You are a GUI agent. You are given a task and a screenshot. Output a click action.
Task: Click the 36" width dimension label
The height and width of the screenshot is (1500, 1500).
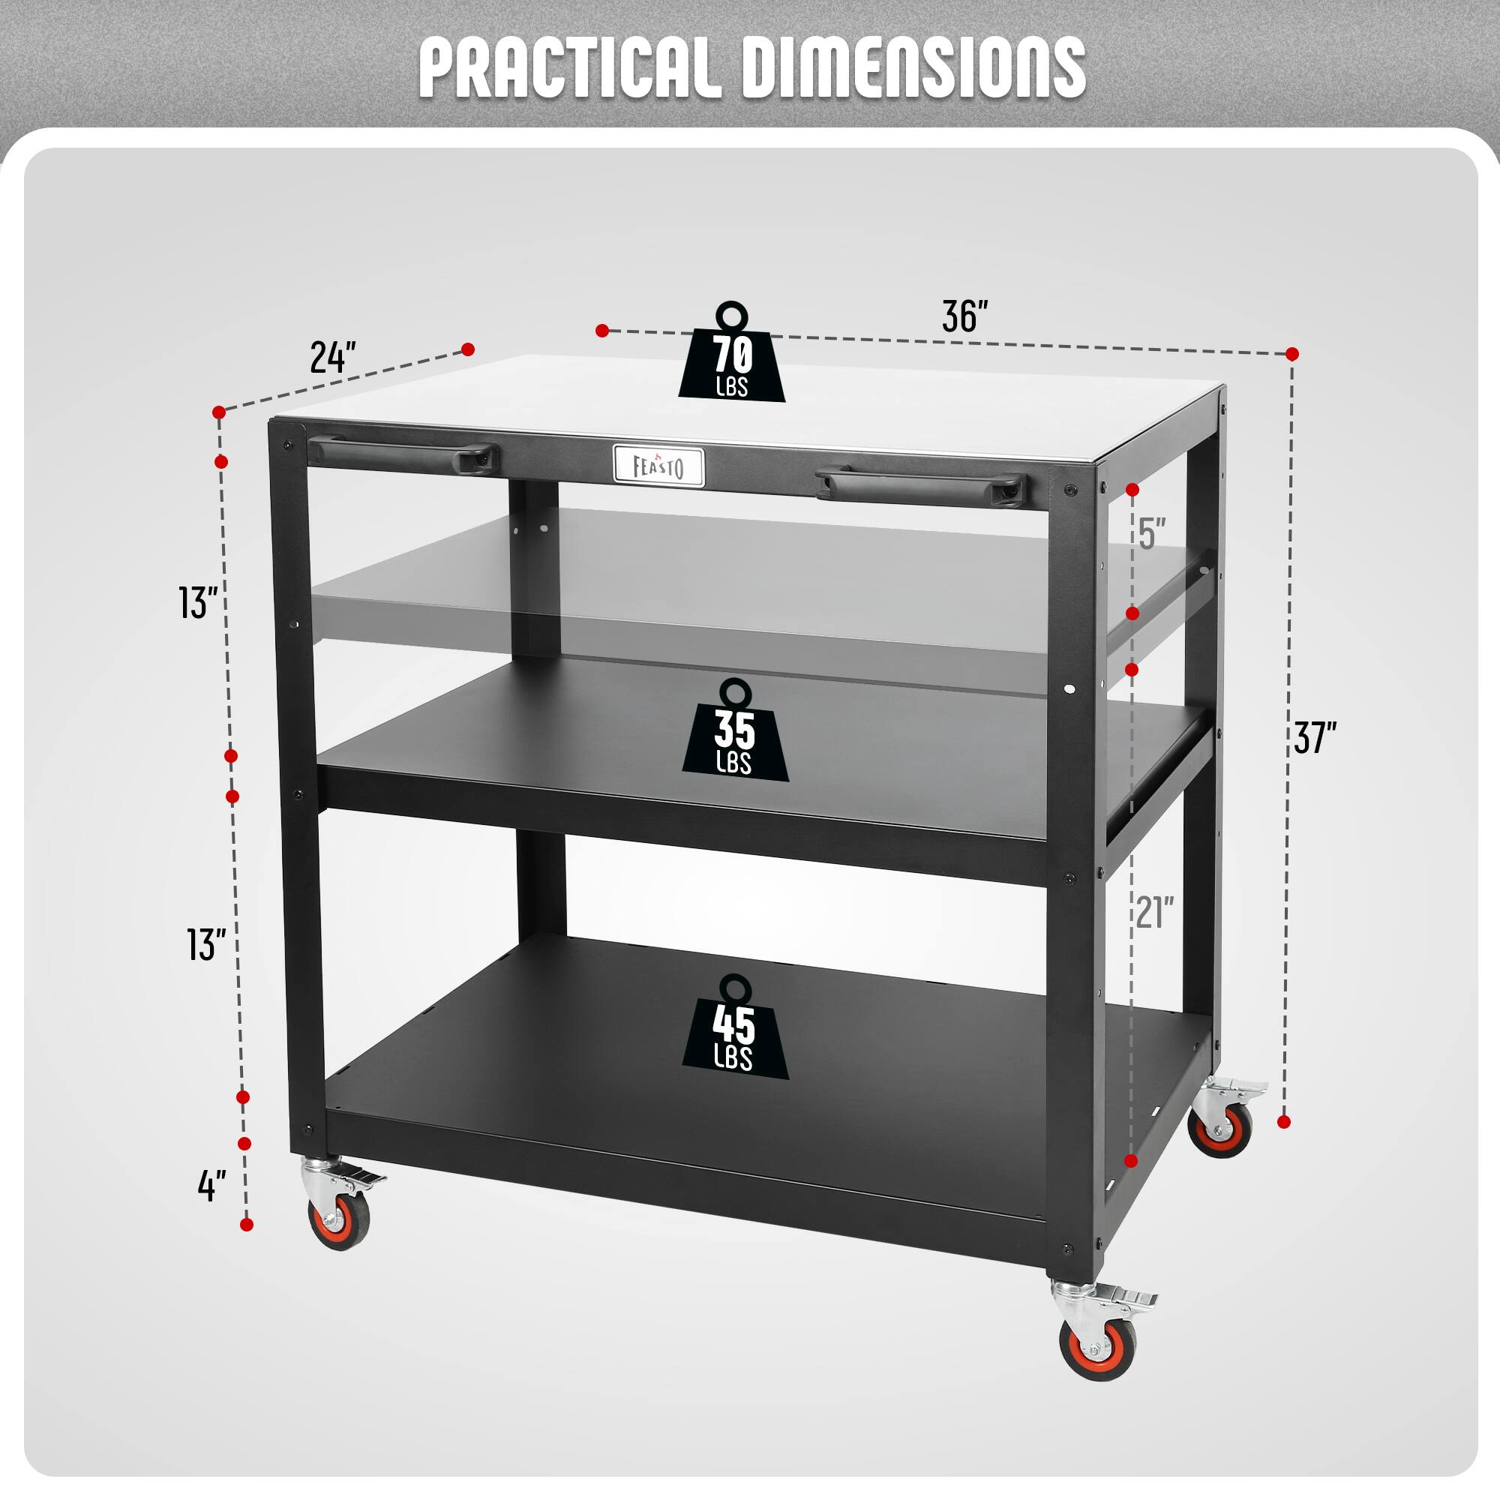tap(964, 316)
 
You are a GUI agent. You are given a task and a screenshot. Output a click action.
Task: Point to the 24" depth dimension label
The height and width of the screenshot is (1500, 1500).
tap(332, 357)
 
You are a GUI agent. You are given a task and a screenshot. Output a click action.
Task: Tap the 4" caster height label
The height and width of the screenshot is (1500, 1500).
tap(211, 1186)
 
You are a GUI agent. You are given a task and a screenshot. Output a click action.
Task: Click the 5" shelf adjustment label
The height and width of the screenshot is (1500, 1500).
tap(1152, 534)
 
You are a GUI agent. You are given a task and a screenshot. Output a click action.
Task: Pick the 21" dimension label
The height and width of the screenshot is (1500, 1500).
tap(1154, 912)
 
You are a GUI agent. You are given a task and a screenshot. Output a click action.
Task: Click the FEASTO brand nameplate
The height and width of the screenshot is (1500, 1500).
tap(658, 466)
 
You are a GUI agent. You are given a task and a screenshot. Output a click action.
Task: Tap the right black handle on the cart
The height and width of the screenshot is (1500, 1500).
tap(921, 486)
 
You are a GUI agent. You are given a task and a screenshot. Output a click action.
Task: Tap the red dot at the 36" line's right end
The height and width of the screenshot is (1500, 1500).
tap(1292, 354)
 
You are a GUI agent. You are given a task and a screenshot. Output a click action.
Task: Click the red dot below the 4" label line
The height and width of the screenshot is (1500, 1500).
tap(247, 1225)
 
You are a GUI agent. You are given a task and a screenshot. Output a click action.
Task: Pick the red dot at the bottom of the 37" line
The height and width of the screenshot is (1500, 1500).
tap(1283, 1122)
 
